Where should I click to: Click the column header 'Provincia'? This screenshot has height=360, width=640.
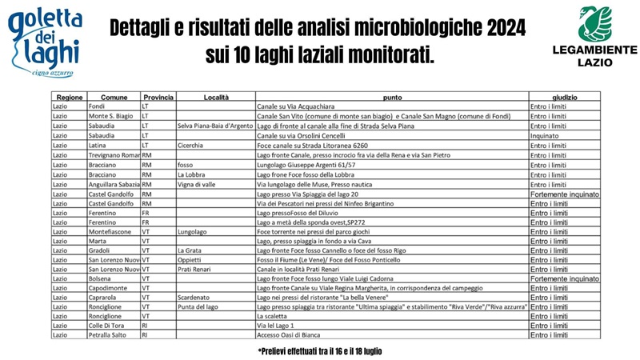pyautogui.click(x=158, y=97)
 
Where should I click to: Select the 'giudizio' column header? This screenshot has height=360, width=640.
pyautogui.click(x=564, y=97)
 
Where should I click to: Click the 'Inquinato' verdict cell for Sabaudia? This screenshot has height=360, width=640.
pyautogui.click(x=545, y=136)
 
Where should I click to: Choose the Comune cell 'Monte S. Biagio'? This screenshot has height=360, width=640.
pyautogui.click(x=110, y=116)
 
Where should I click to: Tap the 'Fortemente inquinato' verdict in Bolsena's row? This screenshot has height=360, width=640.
pyautogui.click(x=564, y=279)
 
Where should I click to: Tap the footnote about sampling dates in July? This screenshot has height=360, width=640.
pyautogui.click(x=320, y=351)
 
